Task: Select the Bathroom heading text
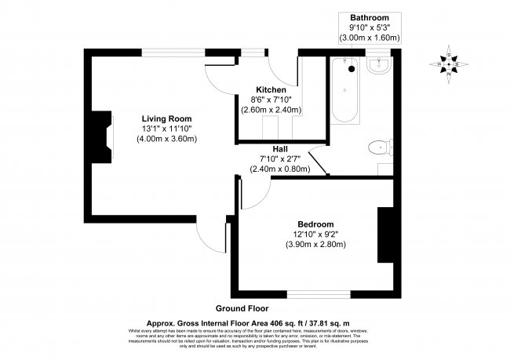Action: pos(369,17)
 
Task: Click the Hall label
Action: pos(280,148)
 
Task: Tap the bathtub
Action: pos(345,91)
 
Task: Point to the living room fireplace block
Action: pos(99,133)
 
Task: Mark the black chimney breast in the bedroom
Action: pos(385,236)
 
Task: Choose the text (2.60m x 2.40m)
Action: pos(270,111)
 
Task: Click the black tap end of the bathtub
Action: pos(352,68)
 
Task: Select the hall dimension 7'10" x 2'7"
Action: pos(279,158)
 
